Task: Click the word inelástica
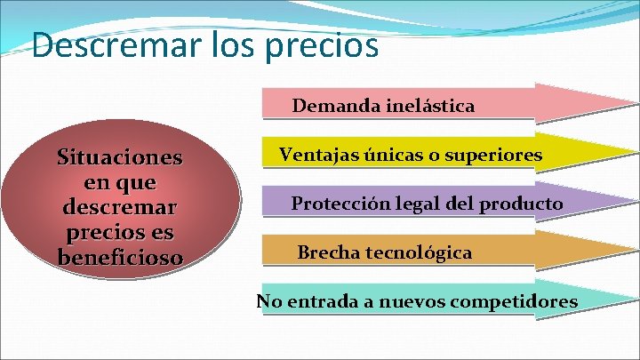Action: (x=430, y=107)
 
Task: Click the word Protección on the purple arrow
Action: (x=337, y=204)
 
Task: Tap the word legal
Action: (x=412, y=204)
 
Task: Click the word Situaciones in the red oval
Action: (x=120, y=158)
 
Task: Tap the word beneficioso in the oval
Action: (x=120, y=258)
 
